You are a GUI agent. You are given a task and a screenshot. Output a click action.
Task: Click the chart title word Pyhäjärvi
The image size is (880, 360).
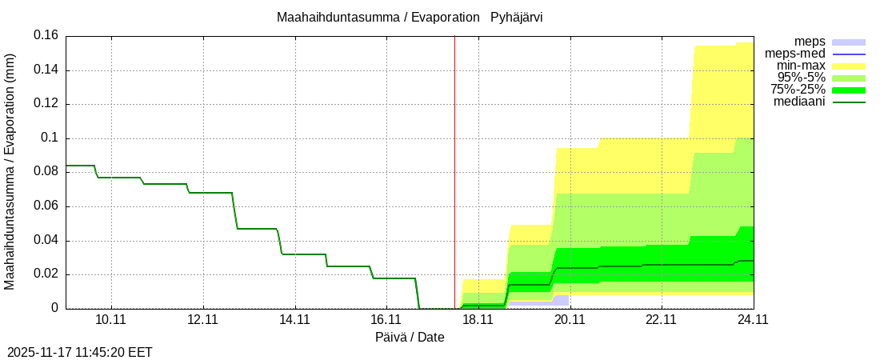516,17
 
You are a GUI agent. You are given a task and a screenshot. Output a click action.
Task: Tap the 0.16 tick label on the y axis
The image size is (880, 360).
46,35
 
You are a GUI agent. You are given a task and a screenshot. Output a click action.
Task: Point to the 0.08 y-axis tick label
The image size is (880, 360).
46,172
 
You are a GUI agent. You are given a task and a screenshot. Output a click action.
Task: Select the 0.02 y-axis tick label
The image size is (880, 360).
46,274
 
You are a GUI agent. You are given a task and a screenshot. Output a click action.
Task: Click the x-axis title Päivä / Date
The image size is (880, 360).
410,338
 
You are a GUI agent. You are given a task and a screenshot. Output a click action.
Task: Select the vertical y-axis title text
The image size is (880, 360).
10,172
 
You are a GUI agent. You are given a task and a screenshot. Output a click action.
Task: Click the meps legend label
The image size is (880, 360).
810,42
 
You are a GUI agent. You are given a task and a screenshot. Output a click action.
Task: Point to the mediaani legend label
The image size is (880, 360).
799,102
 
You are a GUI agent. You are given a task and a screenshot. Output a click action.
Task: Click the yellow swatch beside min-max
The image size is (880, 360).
849,66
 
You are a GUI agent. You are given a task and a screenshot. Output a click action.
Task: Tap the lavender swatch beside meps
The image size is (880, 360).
849,42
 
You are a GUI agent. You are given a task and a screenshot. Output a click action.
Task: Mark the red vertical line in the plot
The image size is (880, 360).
454,160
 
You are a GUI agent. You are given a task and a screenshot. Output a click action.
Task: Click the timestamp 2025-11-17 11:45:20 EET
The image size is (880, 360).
80,352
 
